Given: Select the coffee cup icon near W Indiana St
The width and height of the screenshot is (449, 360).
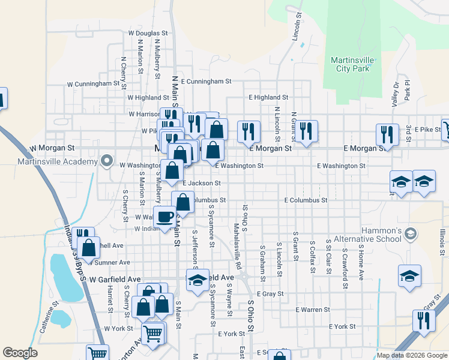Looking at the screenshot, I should coord(164,217).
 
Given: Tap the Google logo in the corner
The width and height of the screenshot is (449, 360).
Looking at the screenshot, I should coord(20,353).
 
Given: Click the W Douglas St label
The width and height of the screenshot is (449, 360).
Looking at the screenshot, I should coord(148,34).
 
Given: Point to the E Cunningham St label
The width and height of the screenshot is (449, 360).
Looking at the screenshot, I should coord(205,81).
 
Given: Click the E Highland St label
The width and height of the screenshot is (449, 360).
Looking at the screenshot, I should coord(268,97).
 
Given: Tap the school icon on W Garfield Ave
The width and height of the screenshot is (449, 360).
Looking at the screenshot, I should coord(197,280).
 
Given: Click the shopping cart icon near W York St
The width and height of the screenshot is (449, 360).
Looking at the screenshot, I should coord(153,332).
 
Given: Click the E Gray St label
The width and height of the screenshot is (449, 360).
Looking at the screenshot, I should coord(270,294).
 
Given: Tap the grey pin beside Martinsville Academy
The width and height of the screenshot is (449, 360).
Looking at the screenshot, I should coord(107,161).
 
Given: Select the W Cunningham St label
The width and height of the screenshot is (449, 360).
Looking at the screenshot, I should coord(89,84).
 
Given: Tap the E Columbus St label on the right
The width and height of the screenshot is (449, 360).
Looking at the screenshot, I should coord(306,200).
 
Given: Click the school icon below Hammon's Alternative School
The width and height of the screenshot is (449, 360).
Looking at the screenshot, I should coord(409,276).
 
